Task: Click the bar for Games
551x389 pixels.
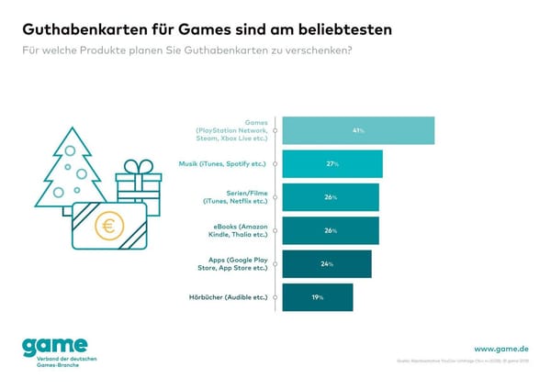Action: tap(357, 131)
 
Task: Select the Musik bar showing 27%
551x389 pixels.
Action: tap(332, 164)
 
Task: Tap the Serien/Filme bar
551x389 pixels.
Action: tap(330, 197)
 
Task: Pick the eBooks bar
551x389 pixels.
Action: tap(330, 230)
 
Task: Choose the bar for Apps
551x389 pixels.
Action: tap(326, 263)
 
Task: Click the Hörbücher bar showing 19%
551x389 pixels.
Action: tap(317, 296)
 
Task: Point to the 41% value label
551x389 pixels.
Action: tap(359, 131)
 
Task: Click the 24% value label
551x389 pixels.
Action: tap(327, 263)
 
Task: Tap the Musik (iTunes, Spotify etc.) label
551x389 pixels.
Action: tap(223, 164)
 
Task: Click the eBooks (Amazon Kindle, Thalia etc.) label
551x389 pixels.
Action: tap(238, 230)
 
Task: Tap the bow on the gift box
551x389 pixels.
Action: tap(139, 167)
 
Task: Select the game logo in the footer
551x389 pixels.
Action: tap(56, 346)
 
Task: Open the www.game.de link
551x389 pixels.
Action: tap(500, 349)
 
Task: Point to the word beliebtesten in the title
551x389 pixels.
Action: tap(342, 29)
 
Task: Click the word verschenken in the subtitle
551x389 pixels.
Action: tap(308, 50)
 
